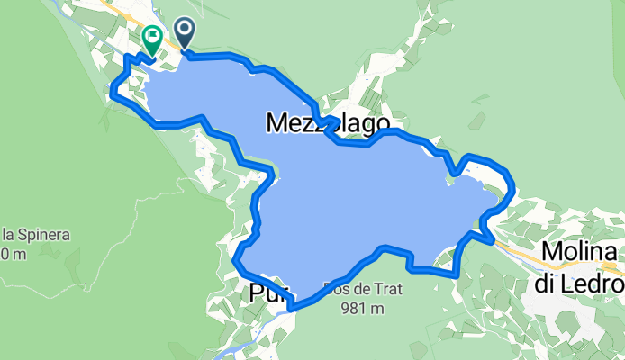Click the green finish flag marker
pyautogui.click(x=151, y=39)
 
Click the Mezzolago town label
pyautogui.click(x=328, y=124)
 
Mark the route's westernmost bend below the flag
pyautogui.click(x=111, y=90)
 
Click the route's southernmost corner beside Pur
pyautogui.click(x=290, y=308)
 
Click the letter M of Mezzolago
pyautogui.click(x=277, y=124)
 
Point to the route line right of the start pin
pyautogui.click(x=216, y=56)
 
